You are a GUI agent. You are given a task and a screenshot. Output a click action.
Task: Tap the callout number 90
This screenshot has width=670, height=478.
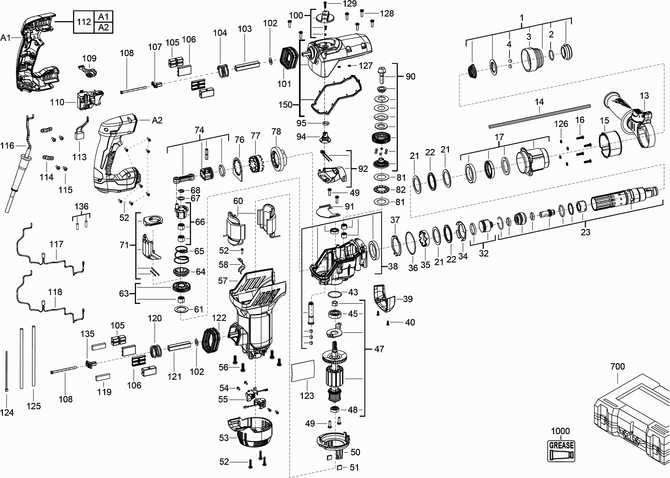[410, 76]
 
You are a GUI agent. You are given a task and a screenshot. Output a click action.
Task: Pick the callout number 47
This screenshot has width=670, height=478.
[379, 349]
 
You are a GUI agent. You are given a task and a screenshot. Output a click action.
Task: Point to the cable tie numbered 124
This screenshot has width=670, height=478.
[7, 371]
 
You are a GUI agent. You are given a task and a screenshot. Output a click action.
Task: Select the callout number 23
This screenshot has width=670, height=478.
[585, 232]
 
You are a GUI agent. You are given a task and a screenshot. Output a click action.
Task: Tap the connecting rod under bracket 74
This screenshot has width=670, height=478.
[183, 178]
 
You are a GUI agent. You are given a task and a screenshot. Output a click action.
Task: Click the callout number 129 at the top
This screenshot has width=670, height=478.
[350, 4]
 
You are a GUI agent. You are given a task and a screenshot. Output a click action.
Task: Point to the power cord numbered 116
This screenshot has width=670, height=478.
[21, 165]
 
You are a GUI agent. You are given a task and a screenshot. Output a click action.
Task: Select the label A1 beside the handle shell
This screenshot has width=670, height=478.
[6, 38]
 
